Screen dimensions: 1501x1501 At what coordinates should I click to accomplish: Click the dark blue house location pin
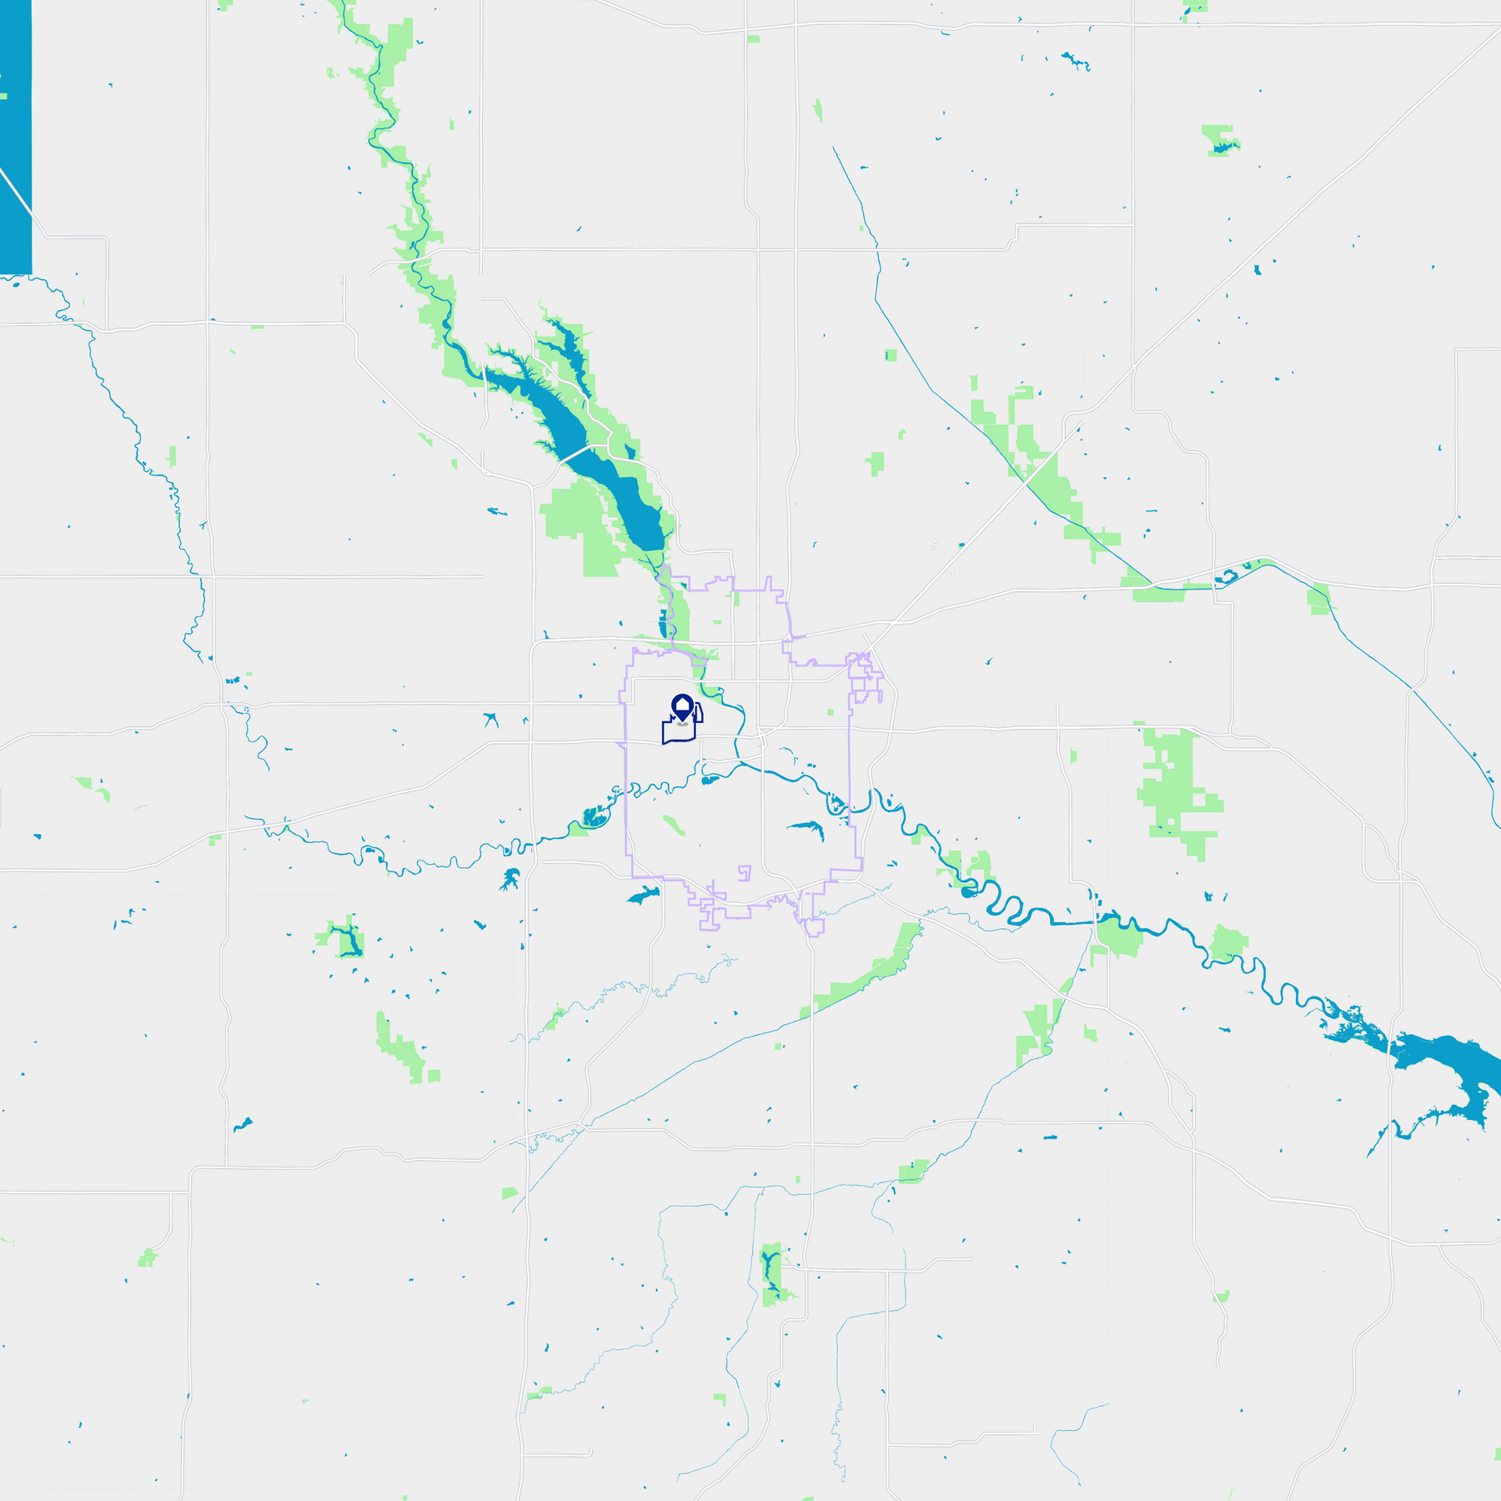[682, 708]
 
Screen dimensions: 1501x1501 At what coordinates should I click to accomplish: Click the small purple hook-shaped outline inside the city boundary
[745, 873]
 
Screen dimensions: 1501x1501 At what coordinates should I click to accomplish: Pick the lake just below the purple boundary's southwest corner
[643, 896]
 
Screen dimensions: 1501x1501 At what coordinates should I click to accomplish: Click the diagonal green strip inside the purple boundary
[674, 825]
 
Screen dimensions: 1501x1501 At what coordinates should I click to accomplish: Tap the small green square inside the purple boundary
[831, 712]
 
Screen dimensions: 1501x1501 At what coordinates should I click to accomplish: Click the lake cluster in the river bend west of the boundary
[595, 816]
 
